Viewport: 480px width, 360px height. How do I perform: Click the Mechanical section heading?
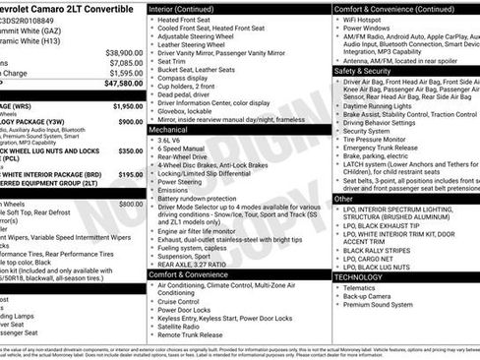point(168,129)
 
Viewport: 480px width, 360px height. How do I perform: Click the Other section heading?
point(343,198)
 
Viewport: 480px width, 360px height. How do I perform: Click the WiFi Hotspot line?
point(367,20)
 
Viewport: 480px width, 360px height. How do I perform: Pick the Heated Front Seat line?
point(188,20)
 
